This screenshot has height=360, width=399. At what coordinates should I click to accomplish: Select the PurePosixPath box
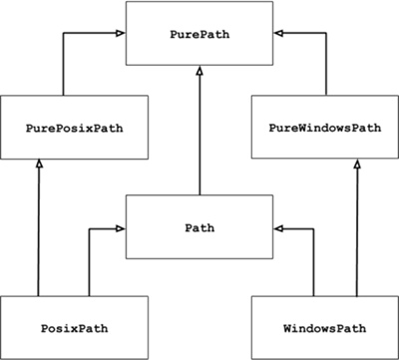click(x=75, y=128)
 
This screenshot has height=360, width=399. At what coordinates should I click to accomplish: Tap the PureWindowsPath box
click(x=324, y=128)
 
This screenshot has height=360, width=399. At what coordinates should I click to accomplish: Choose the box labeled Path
click(x=199, y=227)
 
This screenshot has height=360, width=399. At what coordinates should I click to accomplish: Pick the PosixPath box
click(x=75, y=327)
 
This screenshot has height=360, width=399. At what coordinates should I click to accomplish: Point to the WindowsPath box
click(x=324, y=327)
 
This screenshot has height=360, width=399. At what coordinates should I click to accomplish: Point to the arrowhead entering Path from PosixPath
click(x=121, y=228)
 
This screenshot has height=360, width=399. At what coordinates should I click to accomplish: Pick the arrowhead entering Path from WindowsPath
click(x=278, y=228)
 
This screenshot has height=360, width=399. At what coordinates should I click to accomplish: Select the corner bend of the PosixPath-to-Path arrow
click(x=90, y=228)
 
